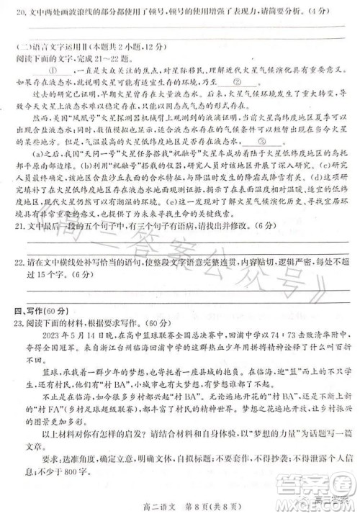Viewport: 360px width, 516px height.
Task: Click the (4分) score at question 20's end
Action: click(328, 14)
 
